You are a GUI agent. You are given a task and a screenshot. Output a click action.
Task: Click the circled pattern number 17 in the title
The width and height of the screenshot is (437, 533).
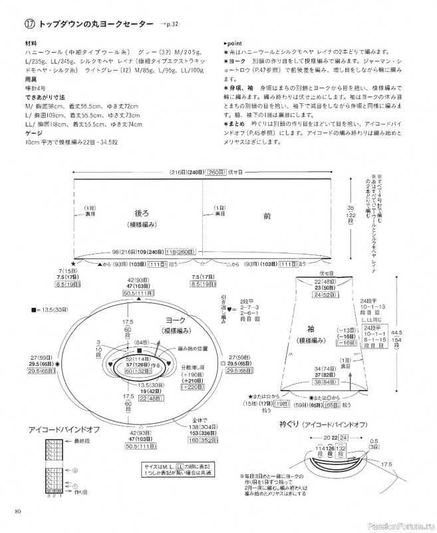[x=29, y=25]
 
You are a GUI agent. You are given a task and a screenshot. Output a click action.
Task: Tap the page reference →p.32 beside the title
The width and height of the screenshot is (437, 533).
[x=170, y=25]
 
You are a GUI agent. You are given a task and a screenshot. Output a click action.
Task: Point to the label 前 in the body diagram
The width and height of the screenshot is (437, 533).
[x=267, y=216]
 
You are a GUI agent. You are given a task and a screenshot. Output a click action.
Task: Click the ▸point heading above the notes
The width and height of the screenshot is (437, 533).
[x=234, y=42]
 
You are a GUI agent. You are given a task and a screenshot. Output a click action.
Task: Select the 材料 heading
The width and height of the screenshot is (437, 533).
[x=31, y=43]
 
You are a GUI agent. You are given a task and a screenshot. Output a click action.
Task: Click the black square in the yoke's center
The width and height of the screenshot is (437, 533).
[x=139, y=350]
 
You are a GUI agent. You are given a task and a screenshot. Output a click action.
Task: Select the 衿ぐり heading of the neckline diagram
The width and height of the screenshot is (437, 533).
[x=290, y=424]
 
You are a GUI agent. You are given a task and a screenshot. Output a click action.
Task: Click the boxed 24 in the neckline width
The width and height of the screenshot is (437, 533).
[x=343, y=438]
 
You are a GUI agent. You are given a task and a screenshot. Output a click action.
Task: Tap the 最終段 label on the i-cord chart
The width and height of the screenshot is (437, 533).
[x=66, y=441]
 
